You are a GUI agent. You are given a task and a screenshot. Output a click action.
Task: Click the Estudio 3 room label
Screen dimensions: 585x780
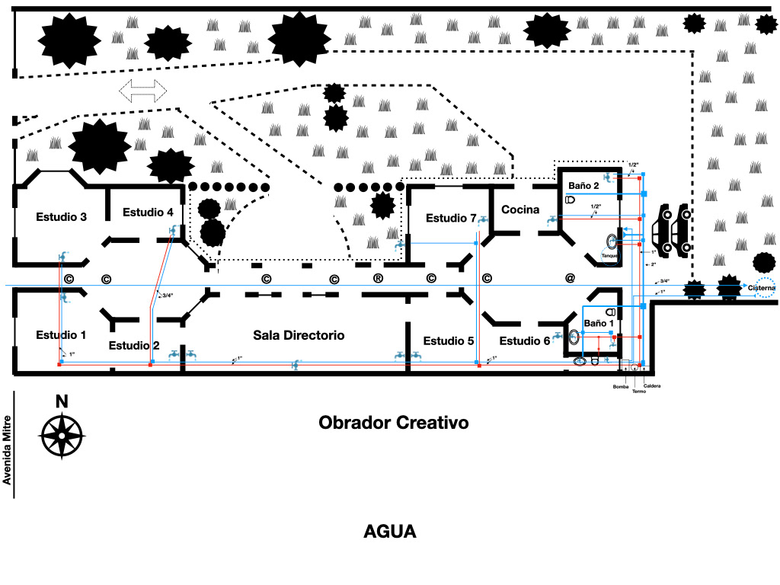coord(61,217)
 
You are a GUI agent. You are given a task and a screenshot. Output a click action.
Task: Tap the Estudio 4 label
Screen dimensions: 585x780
coord(148,213)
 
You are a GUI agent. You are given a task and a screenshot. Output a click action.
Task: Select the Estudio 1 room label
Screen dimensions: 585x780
coord(61,335)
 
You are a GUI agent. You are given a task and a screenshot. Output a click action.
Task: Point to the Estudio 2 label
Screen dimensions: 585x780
coord(134,346)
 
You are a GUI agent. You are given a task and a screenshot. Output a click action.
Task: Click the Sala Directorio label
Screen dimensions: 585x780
coord(299,335)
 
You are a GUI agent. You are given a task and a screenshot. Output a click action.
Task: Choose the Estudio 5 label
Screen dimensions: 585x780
coord(449,340)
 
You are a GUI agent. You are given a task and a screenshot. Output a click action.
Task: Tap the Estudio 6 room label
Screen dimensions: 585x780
coord(525,340)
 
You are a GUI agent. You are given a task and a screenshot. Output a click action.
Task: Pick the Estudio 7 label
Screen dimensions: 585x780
coord(451,219)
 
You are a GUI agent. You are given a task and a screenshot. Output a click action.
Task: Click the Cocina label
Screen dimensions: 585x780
coord(520,209)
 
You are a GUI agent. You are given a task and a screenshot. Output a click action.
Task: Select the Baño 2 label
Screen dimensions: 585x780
coord(583,186)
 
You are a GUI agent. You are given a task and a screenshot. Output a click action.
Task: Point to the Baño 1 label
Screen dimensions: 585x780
coord(599,324)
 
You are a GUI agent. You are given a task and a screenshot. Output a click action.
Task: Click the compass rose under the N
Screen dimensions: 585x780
coord(62,436)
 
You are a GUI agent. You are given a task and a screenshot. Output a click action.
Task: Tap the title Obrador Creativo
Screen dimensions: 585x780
coord(393,422)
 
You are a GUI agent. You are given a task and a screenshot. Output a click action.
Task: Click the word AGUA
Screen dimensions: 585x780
coord(390,532)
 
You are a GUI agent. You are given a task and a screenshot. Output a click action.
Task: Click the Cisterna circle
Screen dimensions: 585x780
coord(760,288)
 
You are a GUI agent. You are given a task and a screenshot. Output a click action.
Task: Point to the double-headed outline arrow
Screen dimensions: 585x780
coord(143,91)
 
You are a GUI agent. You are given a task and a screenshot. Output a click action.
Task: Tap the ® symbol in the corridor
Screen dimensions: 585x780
coord(378,278)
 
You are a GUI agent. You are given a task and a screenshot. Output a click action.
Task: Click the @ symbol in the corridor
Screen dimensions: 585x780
coord(570,278)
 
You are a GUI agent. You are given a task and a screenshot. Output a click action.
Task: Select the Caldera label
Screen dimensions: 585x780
coord(652,386)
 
